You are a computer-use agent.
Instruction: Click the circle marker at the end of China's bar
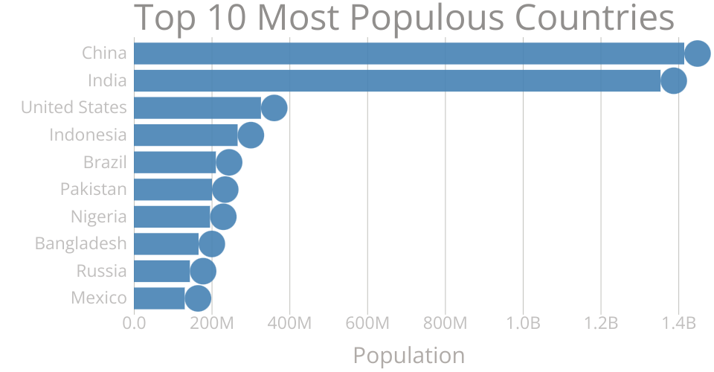(697, 54)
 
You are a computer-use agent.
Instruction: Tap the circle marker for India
(673, 80)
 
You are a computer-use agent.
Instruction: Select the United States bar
(196, 108)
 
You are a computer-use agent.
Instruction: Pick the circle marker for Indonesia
(251, 135)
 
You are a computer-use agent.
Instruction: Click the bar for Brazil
(174, 162)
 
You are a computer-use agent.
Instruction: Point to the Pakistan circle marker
(225, 190)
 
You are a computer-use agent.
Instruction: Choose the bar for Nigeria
(171, 217)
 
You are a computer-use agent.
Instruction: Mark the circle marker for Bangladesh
(212, 244)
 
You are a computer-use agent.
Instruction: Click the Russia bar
(161, 271)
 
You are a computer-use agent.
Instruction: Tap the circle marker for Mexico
(198, 298)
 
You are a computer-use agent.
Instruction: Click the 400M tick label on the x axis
(289, 324)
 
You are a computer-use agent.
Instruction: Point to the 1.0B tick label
(523, 324)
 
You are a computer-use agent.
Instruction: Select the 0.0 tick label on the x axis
(134, 324)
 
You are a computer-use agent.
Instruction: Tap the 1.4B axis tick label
(678, 324)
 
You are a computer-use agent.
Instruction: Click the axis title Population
(408, 355)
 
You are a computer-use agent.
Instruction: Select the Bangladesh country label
(80, 243)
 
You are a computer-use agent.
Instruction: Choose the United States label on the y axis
(74, 107)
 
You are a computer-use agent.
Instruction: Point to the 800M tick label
(446, 324)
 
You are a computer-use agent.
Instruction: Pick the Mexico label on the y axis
(98, 298)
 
